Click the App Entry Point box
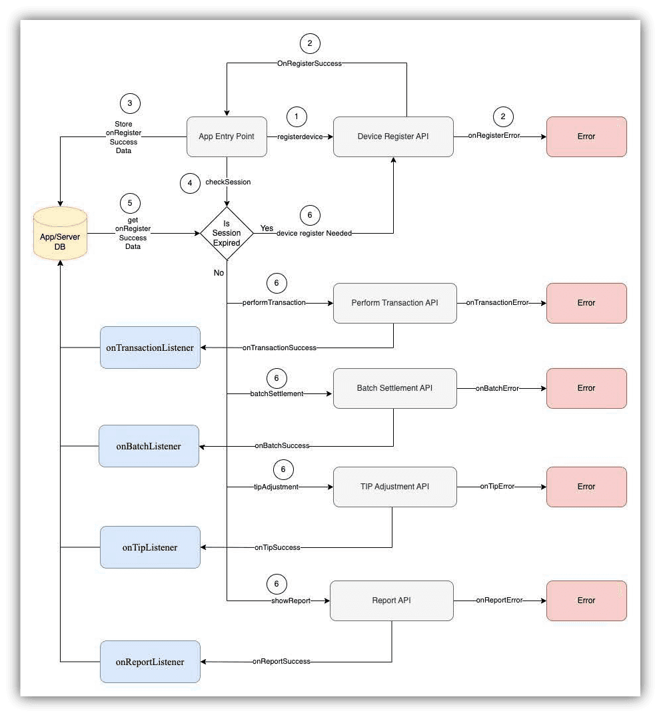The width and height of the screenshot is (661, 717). [x=227, y=137]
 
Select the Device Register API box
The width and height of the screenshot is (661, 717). [x=393, y=137]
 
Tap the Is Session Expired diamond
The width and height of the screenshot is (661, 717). [x=227, y=233]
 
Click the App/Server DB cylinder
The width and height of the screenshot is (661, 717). [x=60, y=233]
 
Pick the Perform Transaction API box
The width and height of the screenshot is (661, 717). [x=394, y=303]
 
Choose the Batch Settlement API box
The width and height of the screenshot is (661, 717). [x=394, y=388]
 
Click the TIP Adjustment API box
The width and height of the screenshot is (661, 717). [x=394, y=487]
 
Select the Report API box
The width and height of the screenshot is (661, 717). [x=392, y=600]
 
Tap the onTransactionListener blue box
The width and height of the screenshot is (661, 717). [x=150, y=348]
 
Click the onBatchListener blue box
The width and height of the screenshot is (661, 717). [x=149, y=446]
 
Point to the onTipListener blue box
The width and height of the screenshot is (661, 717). [x=150, y=547]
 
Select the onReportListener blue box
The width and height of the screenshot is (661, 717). [x=150, y=662]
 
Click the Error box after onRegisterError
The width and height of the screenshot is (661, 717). [x=586, y=137]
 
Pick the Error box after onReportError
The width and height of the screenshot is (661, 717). [x=586, y=600]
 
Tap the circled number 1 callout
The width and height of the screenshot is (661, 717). [x=297, y=117]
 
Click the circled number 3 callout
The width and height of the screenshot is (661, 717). [x=130, y=103]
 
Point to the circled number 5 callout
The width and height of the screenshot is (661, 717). [x=130, y=202]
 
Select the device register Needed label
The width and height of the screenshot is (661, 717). [x=314, y=234]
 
